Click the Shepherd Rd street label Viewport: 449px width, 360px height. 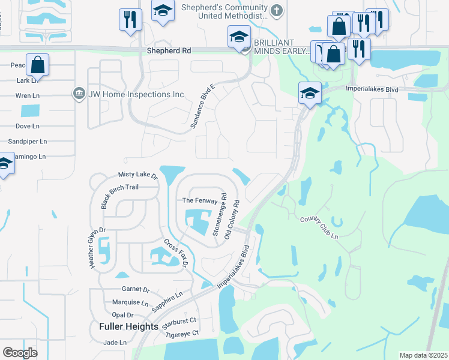point(169,52)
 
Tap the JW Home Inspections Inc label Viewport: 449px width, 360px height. point(136,94)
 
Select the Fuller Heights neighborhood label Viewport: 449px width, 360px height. point(128,326)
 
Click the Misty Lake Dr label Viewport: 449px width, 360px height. point(137,175)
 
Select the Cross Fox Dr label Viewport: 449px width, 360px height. point(176,253)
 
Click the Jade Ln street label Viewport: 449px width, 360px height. point(115,343)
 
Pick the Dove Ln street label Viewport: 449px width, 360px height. point(28,126)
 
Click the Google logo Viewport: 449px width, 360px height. point(20,352)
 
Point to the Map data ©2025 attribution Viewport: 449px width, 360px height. point(423,355)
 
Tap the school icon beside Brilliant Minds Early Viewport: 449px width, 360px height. point(239,37)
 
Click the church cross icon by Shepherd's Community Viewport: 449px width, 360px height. point(277,10)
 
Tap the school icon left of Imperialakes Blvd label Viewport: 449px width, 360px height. point(310,93)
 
